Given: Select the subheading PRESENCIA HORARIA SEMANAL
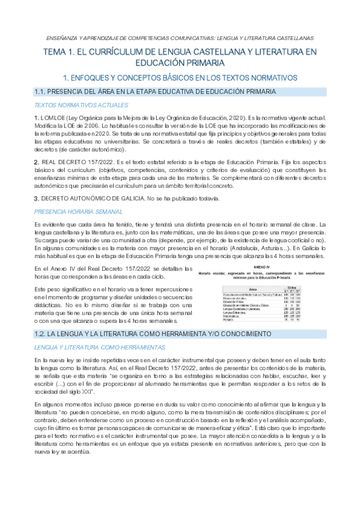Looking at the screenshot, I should (70, 211).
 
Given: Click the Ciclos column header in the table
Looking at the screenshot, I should (295, 287).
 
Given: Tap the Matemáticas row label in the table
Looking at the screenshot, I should (232, 316).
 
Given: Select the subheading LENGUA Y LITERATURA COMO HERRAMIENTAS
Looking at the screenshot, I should (88, 347).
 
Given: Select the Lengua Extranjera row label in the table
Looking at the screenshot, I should (234, 313).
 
